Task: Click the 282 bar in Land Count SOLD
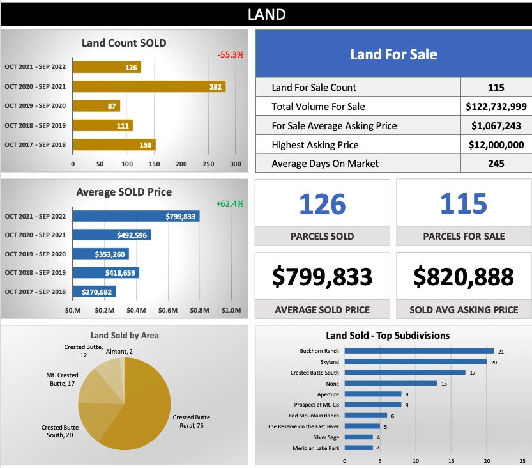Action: (x=149, y=86)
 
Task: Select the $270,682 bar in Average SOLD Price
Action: (x=94, y=292)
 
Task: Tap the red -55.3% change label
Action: (x=231, y=55)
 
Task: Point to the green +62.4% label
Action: (x=230, y=204)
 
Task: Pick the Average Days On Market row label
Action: (x=325, y=164)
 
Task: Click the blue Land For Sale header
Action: (x=393, y=54)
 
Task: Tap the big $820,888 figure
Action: (x=463, y=276)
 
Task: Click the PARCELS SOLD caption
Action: (x=322, y=237)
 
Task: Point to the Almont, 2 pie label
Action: (x=119, y=351)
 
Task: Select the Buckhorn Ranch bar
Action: (x=419, y=351)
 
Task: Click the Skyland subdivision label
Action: (x=330, y=362)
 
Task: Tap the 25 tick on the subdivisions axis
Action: (x=522, y=460)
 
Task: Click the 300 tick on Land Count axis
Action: (x=236, y=164)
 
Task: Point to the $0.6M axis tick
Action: (x=168, y=311)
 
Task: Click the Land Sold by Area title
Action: (x=125, y=335)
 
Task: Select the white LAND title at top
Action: (x=266, y=14)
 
